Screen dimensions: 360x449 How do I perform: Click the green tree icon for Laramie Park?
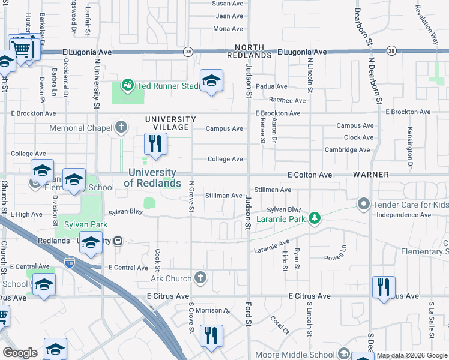click(x=313, y=218)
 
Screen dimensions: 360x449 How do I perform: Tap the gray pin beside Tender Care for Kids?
click(x=363, y=205)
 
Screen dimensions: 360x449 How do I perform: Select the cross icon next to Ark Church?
click(x=200, y=278)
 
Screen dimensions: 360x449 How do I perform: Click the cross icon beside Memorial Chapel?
click(x=121, y=127)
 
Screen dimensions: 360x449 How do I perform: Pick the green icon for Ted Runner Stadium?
click(x=127, y=86)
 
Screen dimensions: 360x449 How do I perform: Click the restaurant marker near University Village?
click(x=155, y=144)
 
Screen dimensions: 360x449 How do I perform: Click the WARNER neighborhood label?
click(x=370, y=175)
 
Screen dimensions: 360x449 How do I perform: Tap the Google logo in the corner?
click(x=20, y=353)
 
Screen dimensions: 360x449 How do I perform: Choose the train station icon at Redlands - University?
click(x=118, y=241)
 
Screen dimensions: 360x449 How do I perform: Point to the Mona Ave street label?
click(x=228, y=29)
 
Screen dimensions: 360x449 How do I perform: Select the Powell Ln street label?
click(x=336, y=259)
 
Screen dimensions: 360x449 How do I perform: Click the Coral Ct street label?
click(x=279, y=324)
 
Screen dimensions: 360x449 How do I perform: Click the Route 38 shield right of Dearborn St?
click(x=391, y=51)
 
